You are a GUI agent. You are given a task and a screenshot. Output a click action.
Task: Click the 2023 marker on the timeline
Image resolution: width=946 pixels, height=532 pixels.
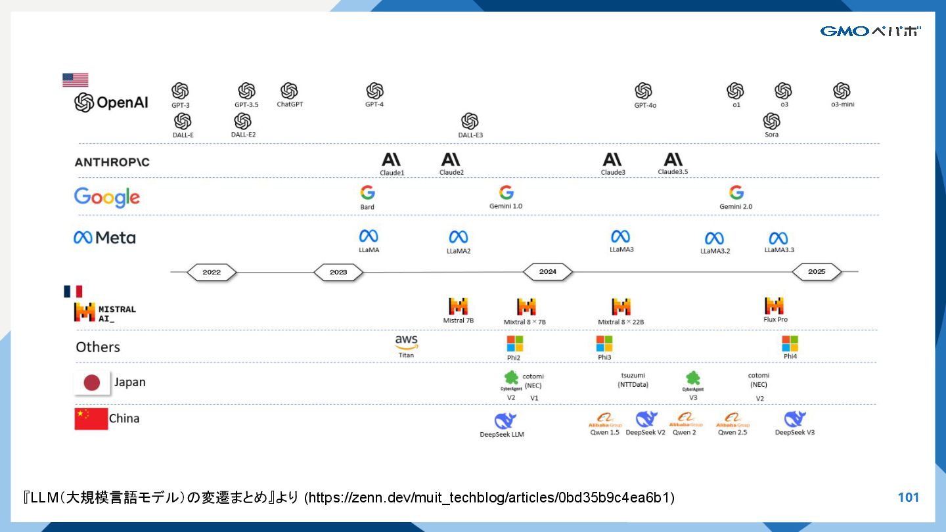pyautogui.click(x=338, y=272)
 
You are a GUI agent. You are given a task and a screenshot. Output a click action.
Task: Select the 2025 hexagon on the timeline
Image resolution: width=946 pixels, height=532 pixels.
pyautogui.click(x=817, y=272)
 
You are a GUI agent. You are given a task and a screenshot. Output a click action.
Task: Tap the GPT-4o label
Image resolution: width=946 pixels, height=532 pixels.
pyautogui.click(x=645, y=105)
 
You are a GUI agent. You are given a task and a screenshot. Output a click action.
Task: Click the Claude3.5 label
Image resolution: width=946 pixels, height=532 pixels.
pyautogui.click(x=673, y=172)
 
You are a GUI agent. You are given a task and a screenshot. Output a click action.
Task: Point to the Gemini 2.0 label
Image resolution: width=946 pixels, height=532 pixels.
pyautogui.click(x=736, y=206)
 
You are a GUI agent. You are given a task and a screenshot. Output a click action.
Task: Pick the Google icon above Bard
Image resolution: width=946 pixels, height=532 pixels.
pyautogui.click(x=367, y=192)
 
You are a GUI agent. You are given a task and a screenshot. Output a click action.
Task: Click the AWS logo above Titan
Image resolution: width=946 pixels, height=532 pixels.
pyautogui.click(x=407, y=342)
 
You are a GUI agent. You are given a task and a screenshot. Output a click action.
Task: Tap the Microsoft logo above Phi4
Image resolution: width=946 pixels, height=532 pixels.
pyautogui.click(x=790, y=344)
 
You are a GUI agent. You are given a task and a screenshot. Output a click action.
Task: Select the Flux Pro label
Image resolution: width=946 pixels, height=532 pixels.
pyautogui.click(x=775, y=320)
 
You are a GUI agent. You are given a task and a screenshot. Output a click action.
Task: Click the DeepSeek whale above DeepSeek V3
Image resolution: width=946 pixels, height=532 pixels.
pyautogui.click(x=795, y=418)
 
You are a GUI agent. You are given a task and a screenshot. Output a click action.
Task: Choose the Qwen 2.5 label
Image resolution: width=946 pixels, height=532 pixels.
pyautogui.click(x=732, y=433)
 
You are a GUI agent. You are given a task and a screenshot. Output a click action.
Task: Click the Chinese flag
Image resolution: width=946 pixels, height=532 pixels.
pyautogui.click(x=91, y=418)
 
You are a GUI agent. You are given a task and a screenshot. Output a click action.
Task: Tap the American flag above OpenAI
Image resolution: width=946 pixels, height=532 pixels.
pyautogui.click(x=75, y=80)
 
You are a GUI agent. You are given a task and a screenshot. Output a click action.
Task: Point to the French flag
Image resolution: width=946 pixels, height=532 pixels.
pyautogui.click(x=73, y=291)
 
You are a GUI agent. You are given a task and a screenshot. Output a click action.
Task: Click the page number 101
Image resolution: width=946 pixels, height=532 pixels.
pyautogui.click(x=908, y=498)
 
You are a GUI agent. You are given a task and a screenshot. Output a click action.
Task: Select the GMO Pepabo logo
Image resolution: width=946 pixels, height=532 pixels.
pyautogui.click(x=870, y=31)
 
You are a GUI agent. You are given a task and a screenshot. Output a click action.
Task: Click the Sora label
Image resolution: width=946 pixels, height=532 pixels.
pyautogui.click(x=771, y=135)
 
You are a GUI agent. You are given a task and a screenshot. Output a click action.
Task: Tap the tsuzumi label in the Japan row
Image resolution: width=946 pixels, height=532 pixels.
pyautogui.click(x=633, y=376)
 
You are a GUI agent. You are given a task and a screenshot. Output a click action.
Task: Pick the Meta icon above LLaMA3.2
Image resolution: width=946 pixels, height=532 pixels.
pyautogui.click(x=714, y=238)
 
